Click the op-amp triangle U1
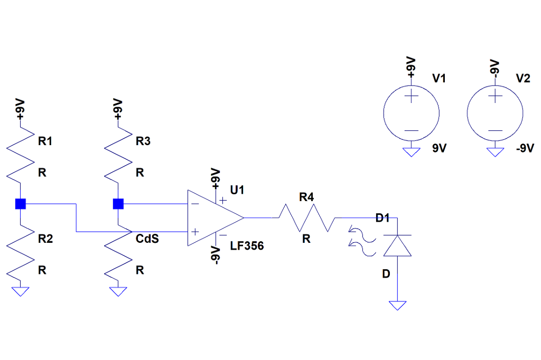(x=211, y=217)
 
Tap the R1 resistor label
(x=45, y=141)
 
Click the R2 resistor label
(x=45, y=239)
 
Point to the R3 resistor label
(x=143, y=141)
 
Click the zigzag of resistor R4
(x=306, y=218)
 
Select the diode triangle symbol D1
(x=397, y=245)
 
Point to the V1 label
(x=439, y=79)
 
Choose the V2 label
(x=523, y=79)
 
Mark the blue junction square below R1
(x=20, y=204)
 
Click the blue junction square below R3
(x=118, y=204)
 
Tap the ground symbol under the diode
(x=397, y=305)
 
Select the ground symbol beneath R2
(x=20, y=291)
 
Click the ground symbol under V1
(x=411, y=153)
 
